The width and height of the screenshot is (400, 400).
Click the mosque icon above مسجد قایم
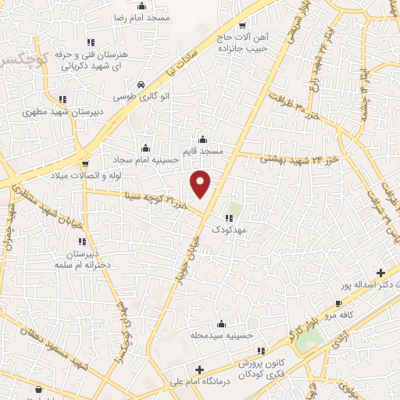[203, 138]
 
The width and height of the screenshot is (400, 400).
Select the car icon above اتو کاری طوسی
[140, 84]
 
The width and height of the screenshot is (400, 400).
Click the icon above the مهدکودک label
[229, 219]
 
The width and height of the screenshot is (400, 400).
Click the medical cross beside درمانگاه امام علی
[200, 370]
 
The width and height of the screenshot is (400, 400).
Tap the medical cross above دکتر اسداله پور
[380, 273]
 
